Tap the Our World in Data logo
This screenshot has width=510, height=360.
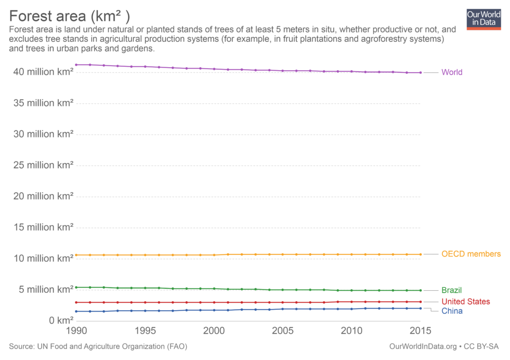(483, 19)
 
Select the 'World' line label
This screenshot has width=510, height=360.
(452, 72)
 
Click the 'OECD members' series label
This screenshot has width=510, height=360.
(471, 254)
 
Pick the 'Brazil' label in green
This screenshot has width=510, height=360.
(452, 290)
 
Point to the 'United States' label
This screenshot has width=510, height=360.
(466, 302)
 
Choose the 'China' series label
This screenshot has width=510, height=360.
(452, 311)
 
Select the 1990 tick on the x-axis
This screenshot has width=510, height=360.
(76, 330)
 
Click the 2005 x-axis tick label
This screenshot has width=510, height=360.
(283, 330)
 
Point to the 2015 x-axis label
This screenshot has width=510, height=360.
(420, 330)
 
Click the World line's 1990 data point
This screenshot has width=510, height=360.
(76, 65)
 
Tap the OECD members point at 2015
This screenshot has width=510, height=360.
(421, 254)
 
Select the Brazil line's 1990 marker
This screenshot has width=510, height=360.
(76, 287)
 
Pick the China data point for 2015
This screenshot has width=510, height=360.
(421, 308)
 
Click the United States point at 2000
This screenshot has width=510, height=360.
(214, 302)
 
